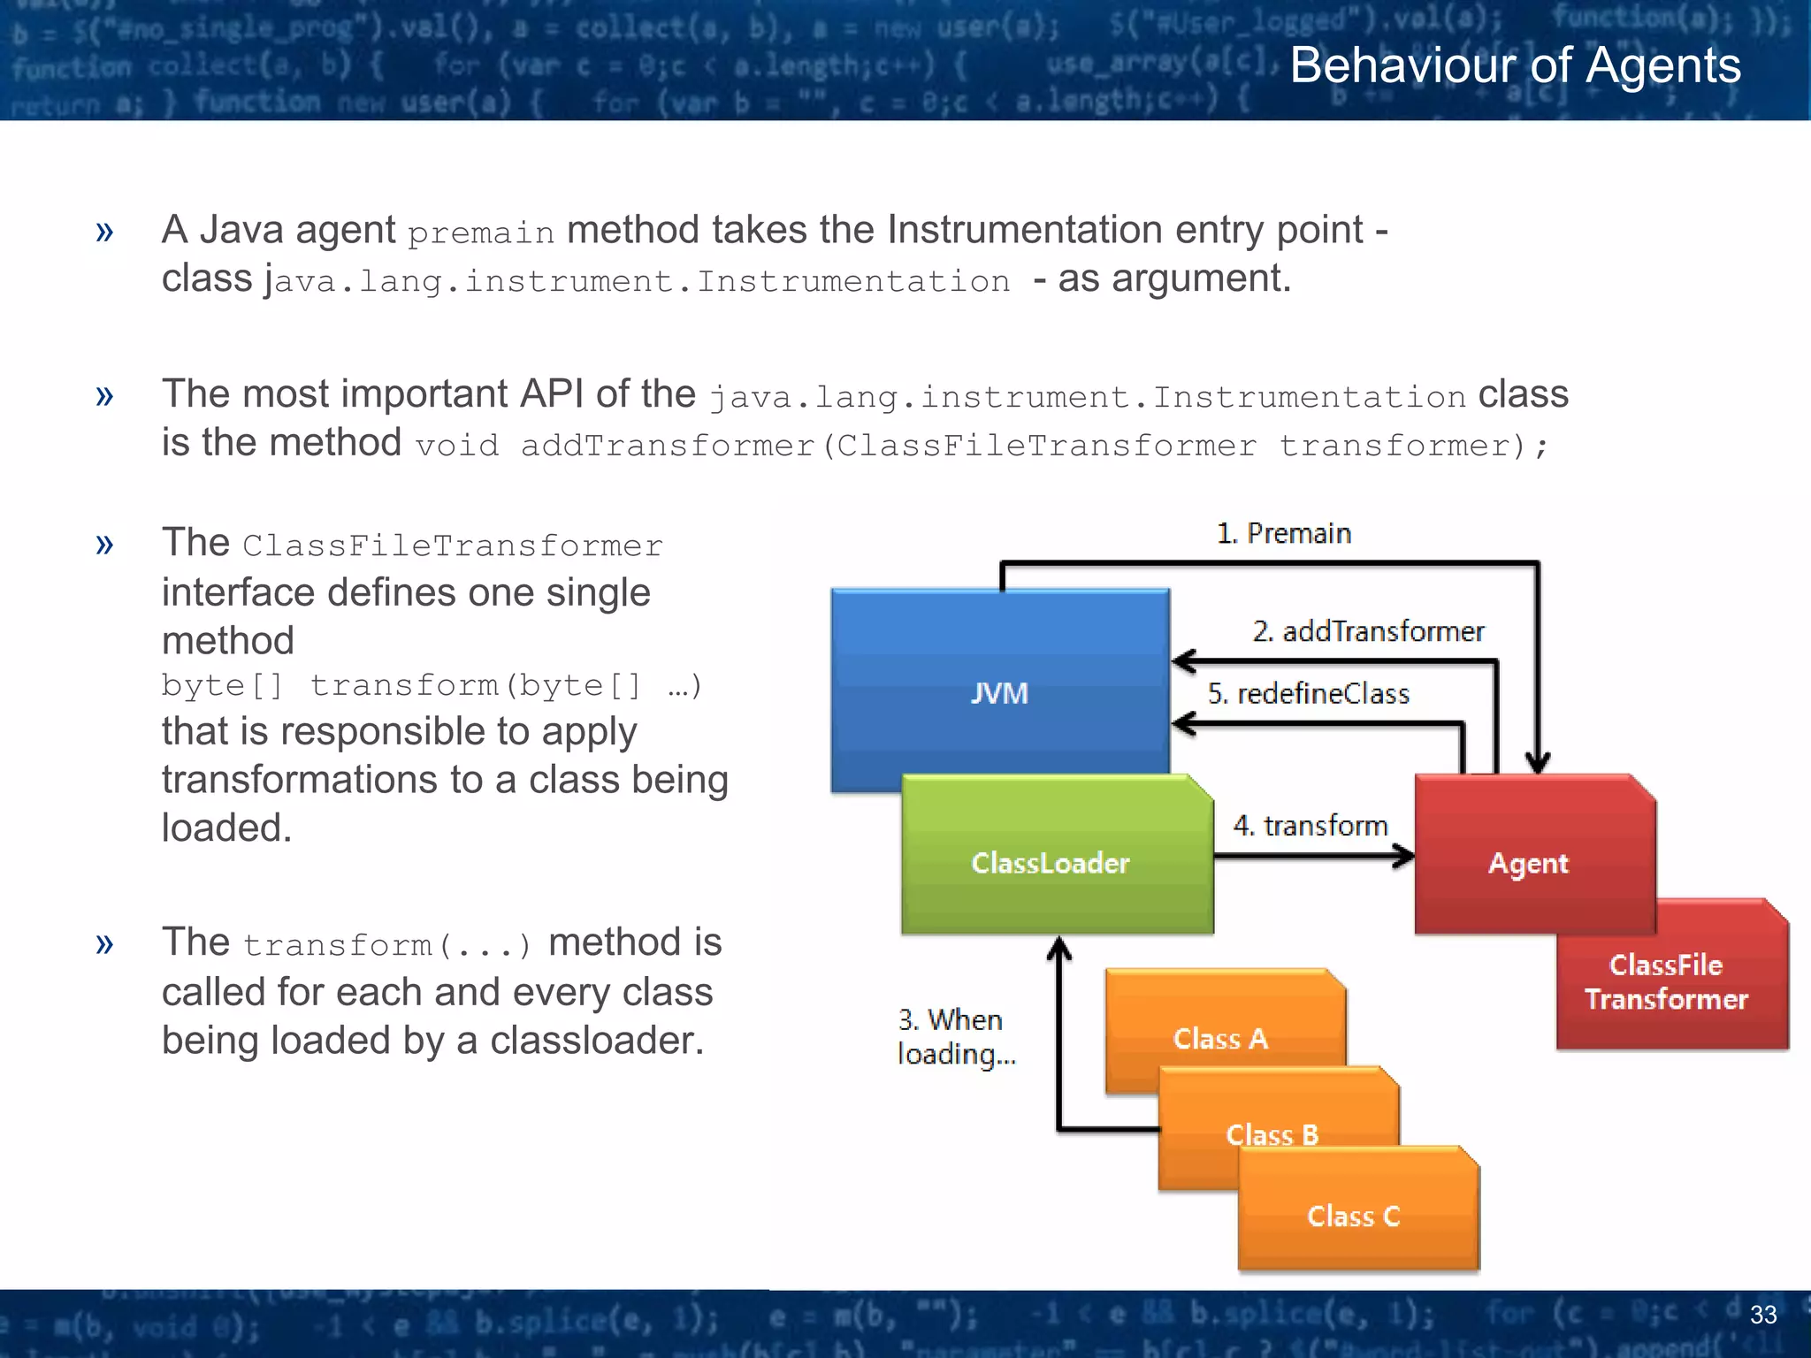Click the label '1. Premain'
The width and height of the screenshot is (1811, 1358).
(1284, 533)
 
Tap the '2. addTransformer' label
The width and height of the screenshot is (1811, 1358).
(1368, 631)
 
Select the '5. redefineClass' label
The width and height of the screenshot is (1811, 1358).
(1309, 694)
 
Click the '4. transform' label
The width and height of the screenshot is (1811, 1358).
(1310, 826)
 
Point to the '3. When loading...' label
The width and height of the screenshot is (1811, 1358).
(955, 1036)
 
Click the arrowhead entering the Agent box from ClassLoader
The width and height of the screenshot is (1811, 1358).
(1404, 856)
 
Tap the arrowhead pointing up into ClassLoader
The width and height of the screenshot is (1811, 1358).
(1058, 948)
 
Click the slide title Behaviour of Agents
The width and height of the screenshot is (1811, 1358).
(1515, 65)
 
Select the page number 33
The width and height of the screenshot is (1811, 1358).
(1762, 1315)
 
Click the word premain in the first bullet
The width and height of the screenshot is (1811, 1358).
(480, 233)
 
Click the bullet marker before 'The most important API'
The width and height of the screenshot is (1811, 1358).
(104, 395)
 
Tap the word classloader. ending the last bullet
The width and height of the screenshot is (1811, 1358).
(597, 1041)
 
